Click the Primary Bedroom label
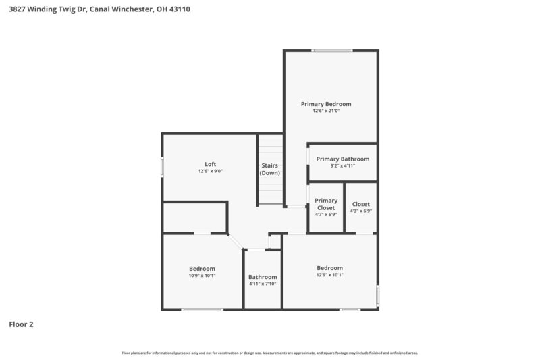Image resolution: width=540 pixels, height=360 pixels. coord(326,104)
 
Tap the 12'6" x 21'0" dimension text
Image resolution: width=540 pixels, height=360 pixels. coord(326,111)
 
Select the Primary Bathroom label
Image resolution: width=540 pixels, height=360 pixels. coord(342,159)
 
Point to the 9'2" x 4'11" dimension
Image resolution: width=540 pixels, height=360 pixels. coord(342,166)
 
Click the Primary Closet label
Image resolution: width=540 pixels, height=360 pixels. coord(326,204)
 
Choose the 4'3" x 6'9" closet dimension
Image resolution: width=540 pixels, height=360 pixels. coord(361,211)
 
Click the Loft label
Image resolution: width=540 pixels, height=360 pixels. coord(211,164)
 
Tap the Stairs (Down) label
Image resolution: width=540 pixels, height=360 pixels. coord(270,170)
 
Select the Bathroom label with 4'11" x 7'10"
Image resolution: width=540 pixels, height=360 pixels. coord(263,277)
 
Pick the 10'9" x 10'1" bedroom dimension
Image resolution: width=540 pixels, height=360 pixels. coord(202,276)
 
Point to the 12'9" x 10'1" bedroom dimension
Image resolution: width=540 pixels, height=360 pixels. coord(329,275)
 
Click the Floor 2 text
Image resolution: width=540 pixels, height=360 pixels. coord(21,324)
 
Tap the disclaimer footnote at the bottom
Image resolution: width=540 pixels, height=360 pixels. coord(270,353)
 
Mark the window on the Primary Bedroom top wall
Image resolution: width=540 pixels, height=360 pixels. coord(331,50)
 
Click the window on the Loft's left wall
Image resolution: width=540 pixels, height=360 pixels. coord(162,167)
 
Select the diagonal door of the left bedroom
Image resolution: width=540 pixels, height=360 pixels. coord(235,241)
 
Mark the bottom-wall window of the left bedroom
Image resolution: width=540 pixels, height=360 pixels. coord(202,309)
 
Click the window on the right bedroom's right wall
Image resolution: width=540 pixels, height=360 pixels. coord(377,294)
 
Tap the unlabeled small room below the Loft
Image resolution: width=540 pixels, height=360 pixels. coord(194,217)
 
